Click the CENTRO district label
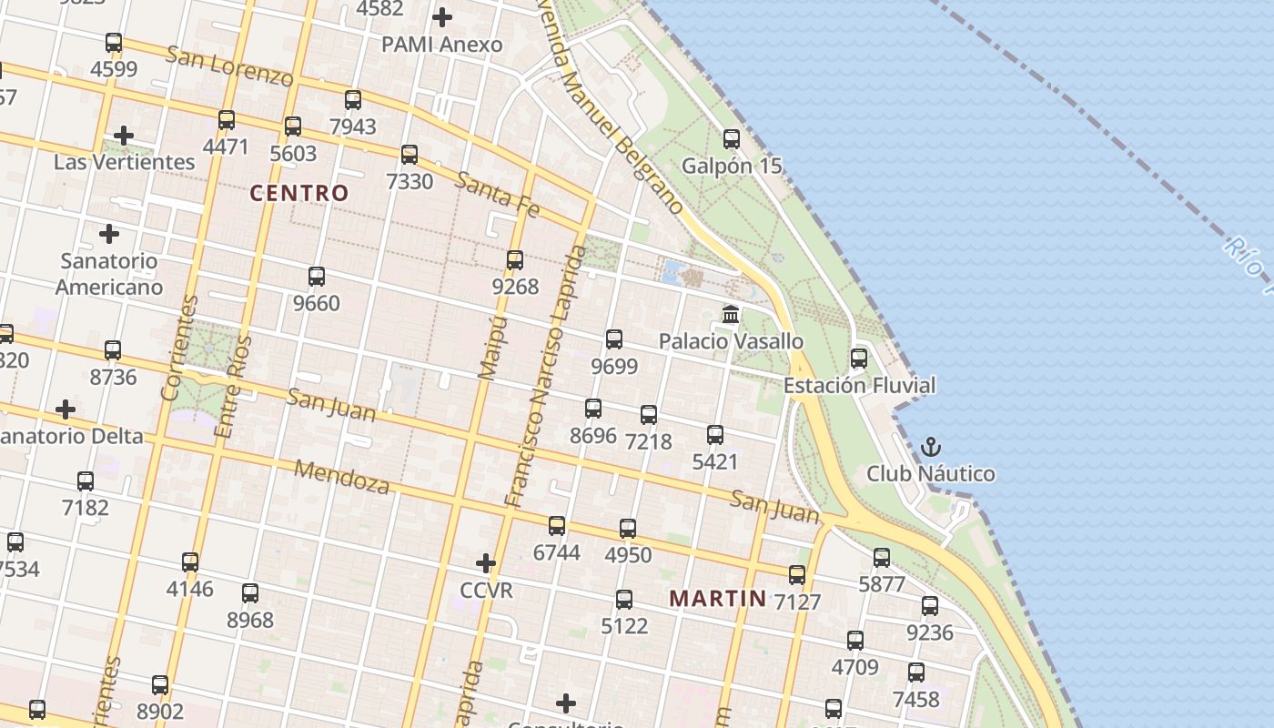click(298, 193)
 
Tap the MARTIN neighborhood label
click(717, 599)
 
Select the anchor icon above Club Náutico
click(930, 447)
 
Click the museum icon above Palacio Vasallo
click(730, 315)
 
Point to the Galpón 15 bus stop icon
click(732, 139)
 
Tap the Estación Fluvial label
click(859, 385)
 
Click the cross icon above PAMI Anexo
click(442, 17)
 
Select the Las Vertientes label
click(124, 162)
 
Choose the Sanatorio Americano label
click(109, 274)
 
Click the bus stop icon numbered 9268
click(515, 260)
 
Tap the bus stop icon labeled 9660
click(317, 277)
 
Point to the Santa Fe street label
click(497, 195)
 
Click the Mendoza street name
click(342, 477)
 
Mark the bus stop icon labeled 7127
click(797, 575)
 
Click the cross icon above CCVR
click(486, 563)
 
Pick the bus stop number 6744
click(556, 552)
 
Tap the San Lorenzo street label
click(229, 66)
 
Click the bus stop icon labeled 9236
click(930, 606)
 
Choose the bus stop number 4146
click(189, 589)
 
